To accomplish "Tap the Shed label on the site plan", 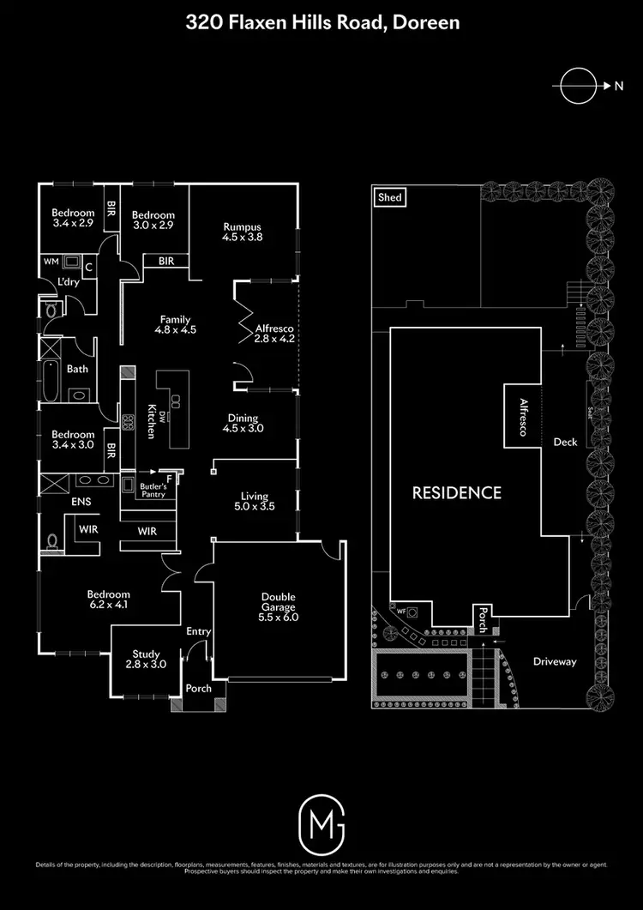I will click(389, 197).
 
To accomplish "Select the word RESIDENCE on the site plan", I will click(456, 492).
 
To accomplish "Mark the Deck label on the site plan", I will click(565, 442).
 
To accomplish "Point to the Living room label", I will click(254, 501).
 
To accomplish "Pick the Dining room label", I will click(243, 423).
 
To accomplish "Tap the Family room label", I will click(175, 324).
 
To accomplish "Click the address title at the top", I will click(321, 23).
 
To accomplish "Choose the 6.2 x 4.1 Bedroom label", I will click(108, 599).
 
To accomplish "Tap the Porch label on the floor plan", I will click(198, 688).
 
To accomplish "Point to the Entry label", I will click(198, 632).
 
